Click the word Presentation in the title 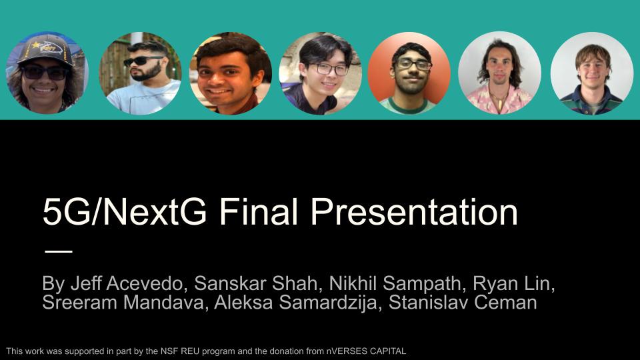tap(414, 212)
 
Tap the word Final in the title tap(258, 212)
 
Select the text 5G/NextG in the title tap(125, 212)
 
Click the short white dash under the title tap(59, 251)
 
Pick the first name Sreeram tap(79, 303)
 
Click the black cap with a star tap(46, 50)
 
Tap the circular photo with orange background tap(409, 73)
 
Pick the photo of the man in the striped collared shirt tap(591, 73)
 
